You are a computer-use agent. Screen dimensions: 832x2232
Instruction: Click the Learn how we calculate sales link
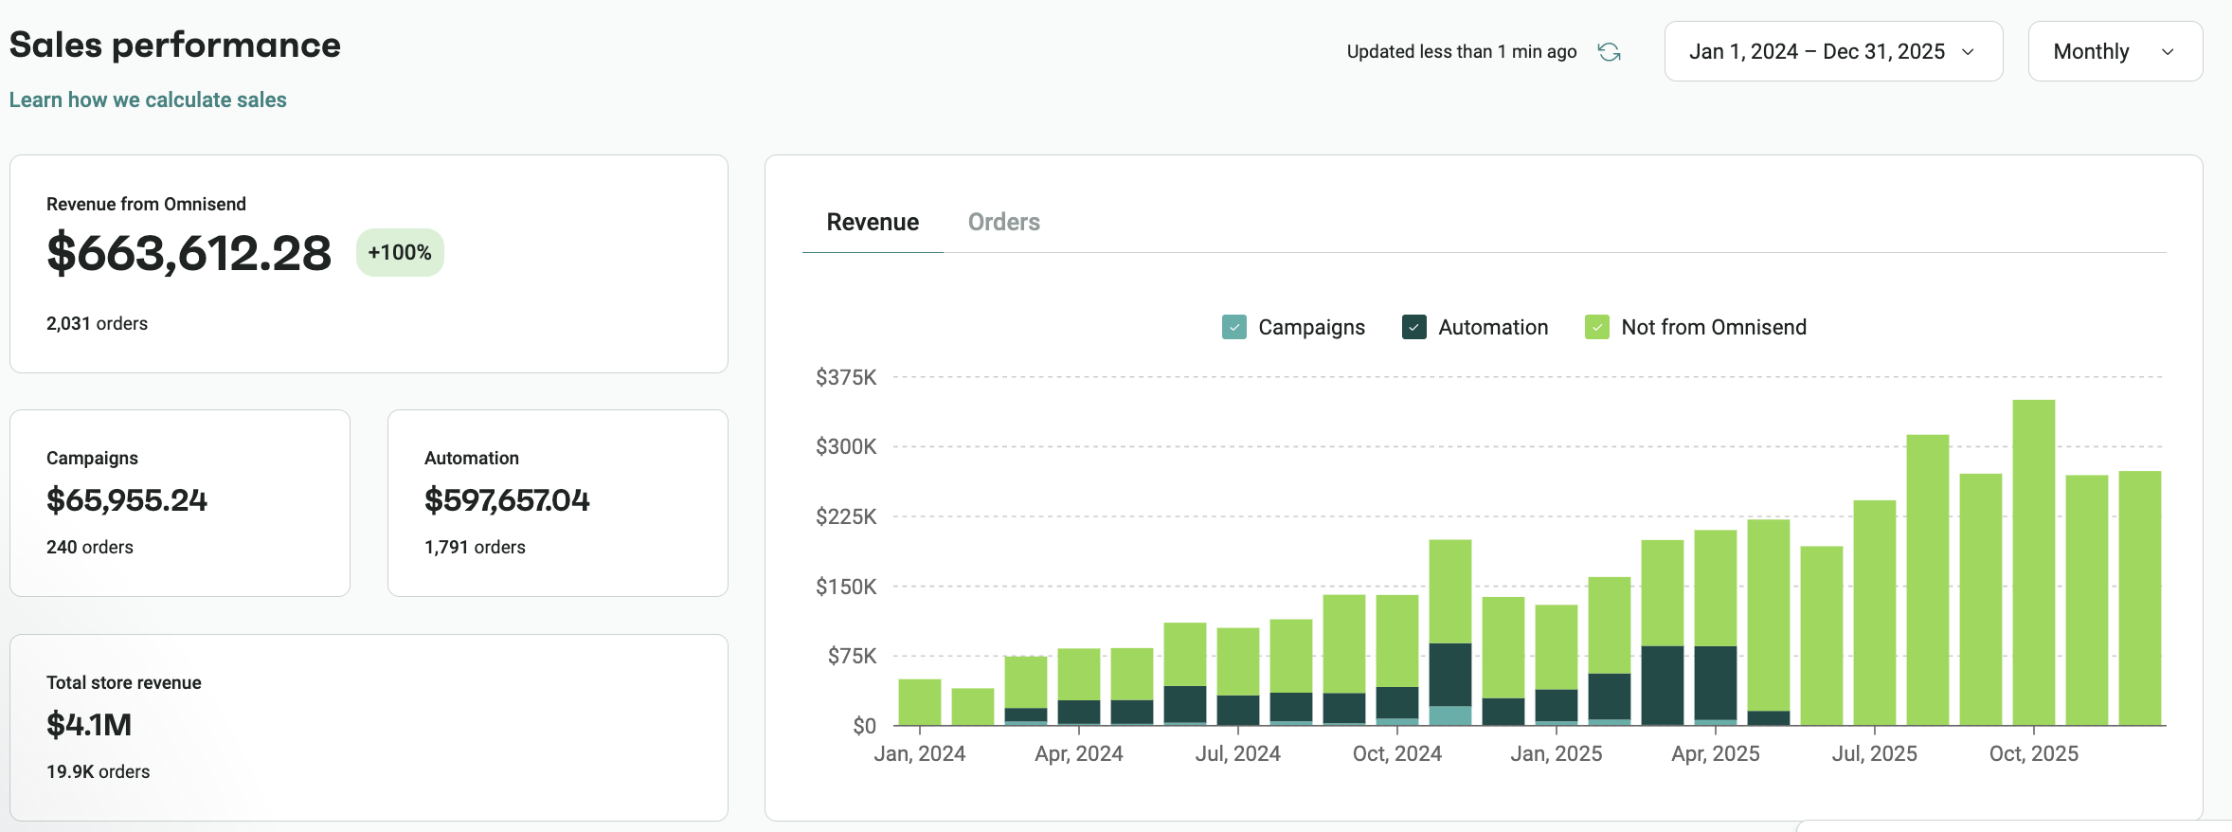coord(148,99)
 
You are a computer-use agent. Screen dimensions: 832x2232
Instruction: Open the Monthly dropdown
coord(2114,51)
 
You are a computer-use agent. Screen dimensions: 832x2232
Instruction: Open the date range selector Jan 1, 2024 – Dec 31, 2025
coord(1832,51)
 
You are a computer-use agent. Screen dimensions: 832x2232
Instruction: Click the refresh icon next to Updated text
coord(1609,52)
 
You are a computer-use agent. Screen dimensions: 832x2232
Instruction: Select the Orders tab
coord(1003,222)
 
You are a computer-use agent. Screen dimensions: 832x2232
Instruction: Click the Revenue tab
coord(872,222)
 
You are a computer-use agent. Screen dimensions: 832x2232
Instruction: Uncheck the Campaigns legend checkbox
coord(1233,327)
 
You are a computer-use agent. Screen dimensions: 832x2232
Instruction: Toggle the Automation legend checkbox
coord(1413,327)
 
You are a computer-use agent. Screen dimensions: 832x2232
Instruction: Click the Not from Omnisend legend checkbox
coord(1596,327)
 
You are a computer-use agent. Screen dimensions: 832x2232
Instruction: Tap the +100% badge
coord(400,252)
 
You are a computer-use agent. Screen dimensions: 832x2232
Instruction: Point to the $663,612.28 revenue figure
coord(189,253)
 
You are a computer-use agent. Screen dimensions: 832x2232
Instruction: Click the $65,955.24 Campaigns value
coord(127,500)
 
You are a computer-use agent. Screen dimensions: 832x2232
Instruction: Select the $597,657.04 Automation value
coord(507,500)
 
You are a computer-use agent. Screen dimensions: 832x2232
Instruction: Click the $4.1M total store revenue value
coord(89,725)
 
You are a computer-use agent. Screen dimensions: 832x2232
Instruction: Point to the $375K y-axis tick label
coord(845,377)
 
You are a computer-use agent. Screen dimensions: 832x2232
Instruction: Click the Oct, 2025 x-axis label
coord(2033,753)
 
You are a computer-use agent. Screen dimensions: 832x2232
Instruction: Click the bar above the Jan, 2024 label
coord(919,702)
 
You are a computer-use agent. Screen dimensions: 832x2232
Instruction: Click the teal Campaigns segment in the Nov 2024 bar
coord(1449,715)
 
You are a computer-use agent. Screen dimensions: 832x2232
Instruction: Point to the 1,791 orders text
coord(475,547)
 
